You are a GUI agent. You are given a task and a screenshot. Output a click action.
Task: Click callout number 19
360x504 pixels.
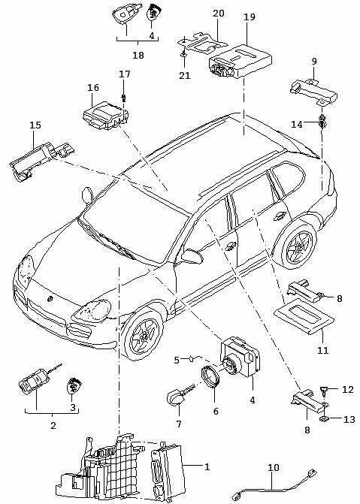tap(250, 17)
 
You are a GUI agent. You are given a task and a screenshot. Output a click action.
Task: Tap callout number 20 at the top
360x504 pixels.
tap(219, 14)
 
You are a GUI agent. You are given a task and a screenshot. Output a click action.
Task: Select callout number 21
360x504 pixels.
tap(185, 76)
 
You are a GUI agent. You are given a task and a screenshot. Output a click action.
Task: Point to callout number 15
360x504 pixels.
tap(35, 125)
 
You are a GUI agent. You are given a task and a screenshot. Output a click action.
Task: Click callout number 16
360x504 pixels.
tap(93, 87)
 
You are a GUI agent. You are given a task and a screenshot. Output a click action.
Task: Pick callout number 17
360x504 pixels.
tap(125, 74)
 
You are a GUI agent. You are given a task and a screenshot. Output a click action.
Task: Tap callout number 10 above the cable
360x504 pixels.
tap(274, 467)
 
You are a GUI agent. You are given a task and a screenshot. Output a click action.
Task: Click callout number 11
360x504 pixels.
tap(323, 350)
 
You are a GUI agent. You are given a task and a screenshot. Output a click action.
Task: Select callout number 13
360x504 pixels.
tap(349, 419)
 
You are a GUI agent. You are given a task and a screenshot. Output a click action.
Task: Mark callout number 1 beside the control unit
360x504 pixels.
tap(207, 466)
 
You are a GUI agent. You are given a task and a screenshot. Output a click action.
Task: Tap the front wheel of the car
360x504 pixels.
tap(144, 335)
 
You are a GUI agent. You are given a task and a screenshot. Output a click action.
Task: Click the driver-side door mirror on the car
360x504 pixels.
tap(192, 255)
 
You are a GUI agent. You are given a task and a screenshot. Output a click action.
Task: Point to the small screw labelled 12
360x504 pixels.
tap(324, 391)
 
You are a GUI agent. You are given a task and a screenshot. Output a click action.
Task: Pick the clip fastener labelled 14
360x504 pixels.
tap(322, 121)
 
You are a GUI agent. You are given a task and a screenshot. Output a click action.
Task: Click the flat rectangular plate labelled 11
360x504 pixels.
tap(304, 317)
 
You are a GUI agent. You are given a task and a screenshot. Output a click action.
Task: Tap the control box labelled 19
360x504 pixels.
tap(241, 61)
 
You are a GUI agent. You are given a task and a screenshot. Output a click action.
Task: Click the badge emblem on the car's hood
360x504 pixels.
tap(50, 299)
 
